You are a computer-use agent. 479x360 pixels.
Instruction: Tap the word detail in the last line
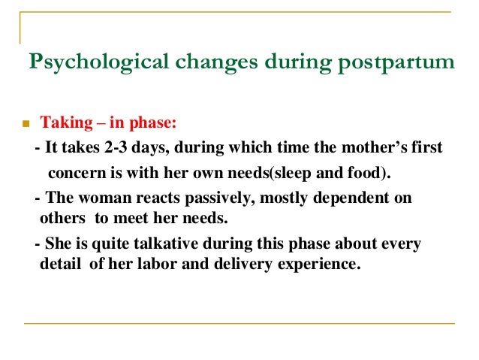59,265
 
